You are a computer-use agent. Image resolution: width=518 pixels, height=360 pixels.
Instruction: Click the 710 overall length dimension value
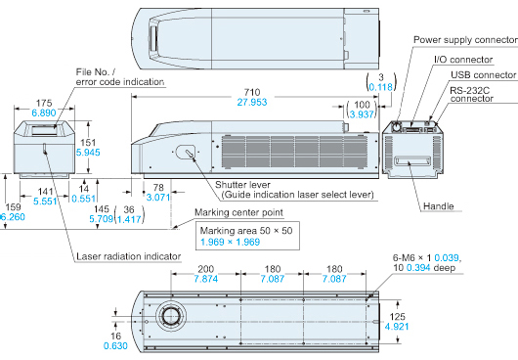point(252,92)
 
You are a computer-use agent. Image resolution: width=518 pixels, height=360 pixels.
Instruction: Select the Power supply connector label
point(465,40)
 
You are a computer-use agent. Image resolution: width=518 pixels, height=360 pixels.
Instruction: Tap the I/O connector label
point(463,60)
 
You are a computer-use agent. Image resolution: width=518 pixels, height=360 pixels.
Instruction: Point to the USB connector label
point(483,75)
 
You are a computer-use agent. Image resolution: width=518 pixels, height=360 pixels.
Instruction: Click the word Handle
point(439,206)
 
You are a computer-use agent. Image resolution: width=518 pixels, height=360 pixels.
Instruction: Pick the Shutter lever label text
point(242,185)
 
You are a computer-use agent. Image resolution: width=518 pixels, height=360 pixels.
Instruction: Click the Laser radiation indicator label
point(128,256)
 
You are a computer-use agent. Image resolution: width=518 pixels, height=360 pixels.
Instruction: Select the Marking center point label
point(238,212)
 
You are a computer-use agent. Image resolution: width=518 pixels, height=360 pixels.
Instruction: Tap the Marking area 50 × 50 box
point(248,236)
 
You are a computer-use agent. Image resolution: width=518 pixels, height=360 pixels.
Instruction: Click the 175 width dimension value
point(44,103)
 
